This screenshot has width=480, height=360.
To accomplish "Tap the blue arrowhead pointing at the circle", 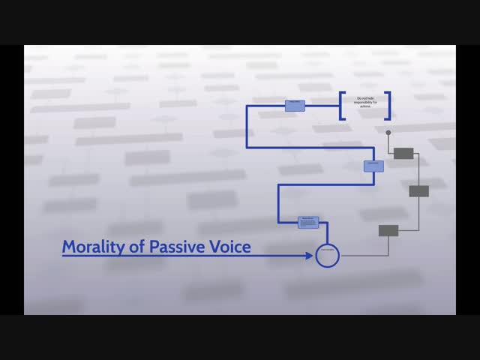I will [x=309, y=256].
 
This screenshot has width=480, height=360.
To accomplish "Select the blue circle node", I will [x=328, y=256].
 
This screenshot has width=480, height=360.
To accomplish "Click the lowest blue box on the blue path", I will [x=308, y=222].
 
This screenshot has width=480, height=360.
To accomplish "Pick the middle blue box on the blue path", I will [x=374, y=166].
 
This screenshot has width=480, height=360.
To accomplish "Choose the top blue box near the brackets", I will [x=295, y=106].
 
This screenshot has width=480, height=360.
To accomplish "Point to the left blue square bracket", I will [x=342, y=106].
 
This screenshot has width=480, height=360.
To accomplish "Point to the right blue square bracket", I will [x=388, y=106].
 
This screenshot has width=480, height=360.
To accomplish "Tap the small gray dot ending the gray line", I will [x=388, y=133].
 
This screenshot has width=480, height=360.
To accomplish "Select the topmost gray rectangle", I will [x=403, y=153].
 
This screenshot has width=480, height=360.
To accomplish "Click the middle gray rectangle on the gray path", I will [x=418, y=191].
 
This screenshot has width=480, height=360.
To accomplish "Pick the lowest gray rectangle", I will [x=388, y=230].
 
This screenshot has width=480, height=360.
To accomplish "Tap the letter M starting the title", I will [x=70, y=247].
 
